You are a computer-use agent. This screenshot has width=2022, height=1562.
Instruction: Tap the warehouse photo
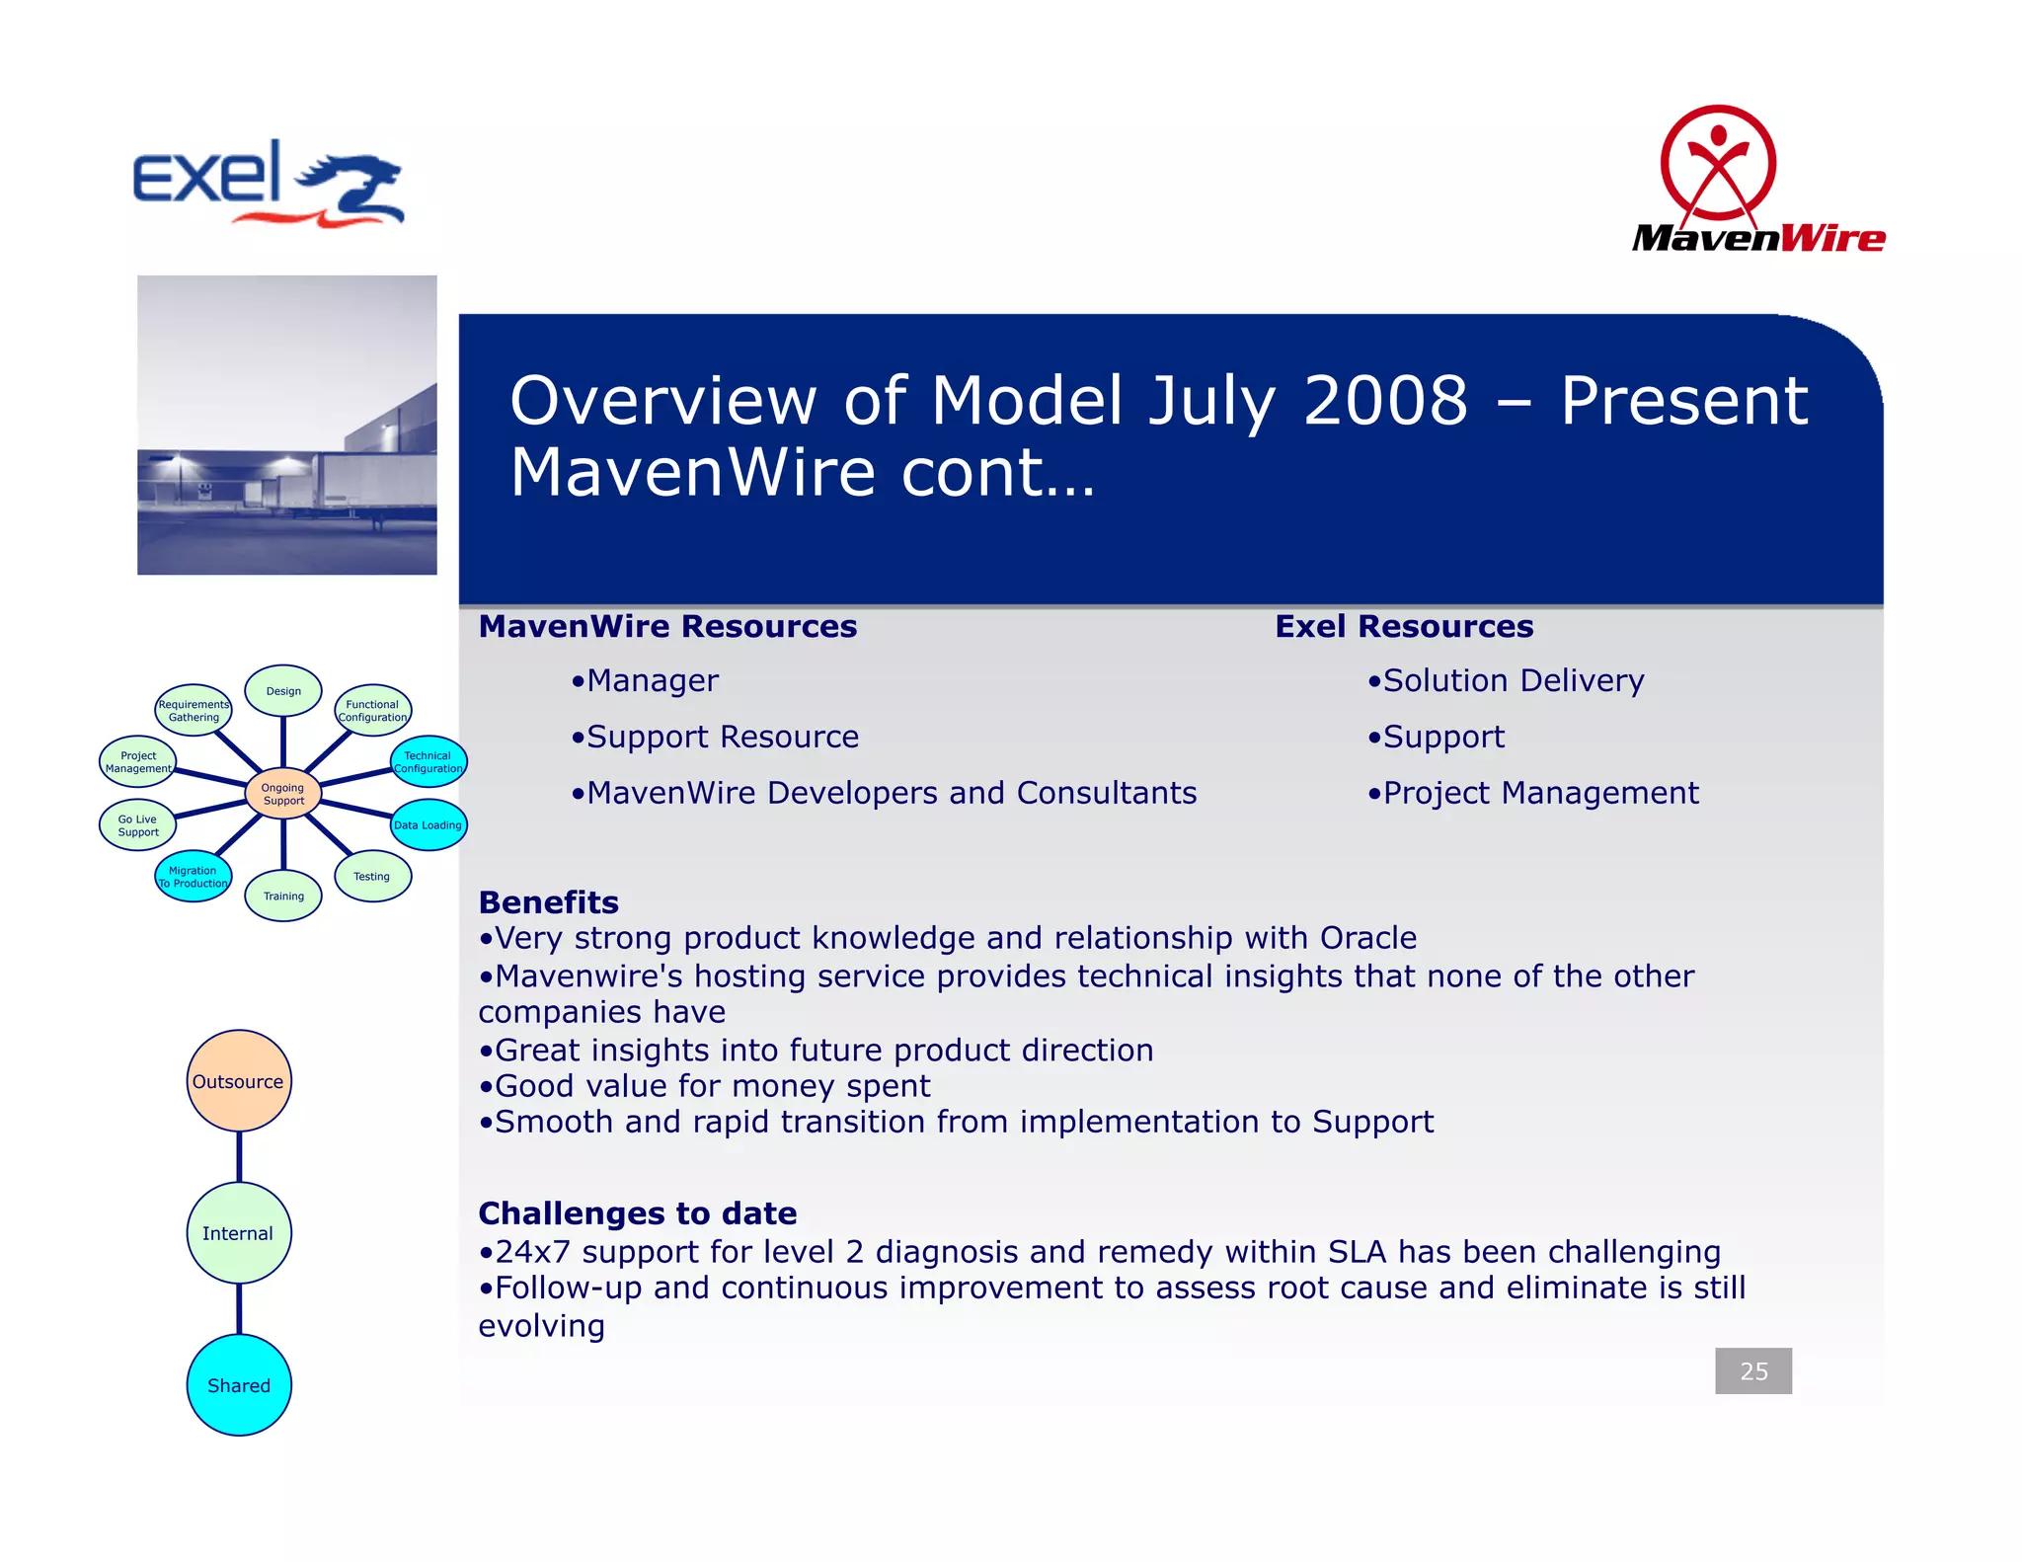[x=286, y=425]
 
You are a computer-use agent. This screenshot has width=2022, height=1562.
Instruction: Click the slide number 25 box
[x=1752, y=1370]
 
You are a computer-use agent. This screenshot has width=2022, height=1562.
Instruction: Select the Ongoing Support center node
[x=283, y=794]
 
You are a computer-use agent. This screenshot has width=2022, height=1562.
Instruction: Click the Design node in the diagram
[x=283, y=691]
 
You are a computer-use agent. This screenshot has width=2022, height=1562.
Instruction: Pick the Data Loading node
[x=428, y=824]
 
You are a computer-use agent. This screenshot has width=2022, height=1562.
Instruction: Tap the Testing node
[x=372, y=876]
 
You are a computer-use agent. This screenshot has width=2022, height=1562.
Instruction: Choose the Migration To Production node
[x=194, y=877]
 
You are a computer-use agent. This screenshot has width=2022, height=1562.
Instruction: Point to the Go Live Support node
[x=138, y=825]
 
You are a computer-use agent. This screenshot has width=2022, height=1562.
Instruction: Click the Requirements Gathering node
[x=194, y=711]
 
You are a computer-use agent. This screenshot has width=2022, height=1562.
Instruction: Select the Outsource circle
[x=238, y=1081]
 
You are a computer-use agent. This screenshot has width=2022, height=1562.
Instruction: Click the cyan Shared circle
[x=238, y=1385]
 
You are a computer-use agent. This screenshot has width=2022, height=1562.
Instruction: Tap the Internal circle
[x=238, y=1233]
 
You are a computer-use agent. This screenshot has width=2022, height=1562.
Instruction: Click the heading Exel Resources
[x=1403, y=627]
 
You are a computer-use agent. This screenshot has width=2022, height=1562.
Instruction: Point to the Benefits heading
[x=548, y=902]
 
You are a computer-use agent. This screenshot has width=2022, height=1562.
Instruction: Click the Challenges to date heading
[x=637, y=1213]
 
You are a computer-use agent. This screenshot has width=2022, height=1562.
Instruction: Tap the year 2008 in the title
[x=1384, y=401]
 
